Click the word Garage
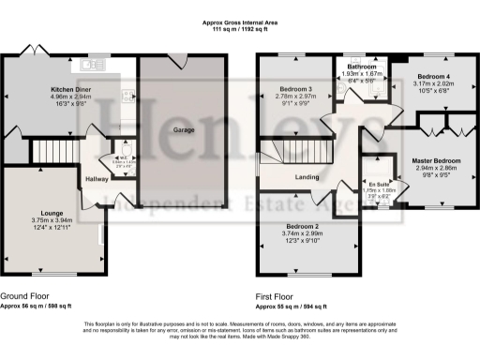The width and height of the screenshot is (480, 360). [x=184, y=129]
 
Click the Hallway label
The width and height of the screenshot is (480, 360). [x=97, y=178]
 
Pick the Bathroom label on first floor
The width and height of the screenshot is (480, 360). [x=360, y=67]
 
